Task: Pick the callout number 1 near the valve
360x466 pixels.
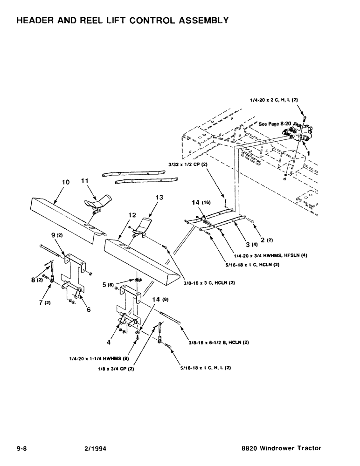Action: click(307, 152)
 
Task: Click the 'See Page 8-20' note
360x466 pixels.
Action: click(275, 124)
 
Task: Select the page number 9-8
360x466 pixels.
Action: click(22, 448)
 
